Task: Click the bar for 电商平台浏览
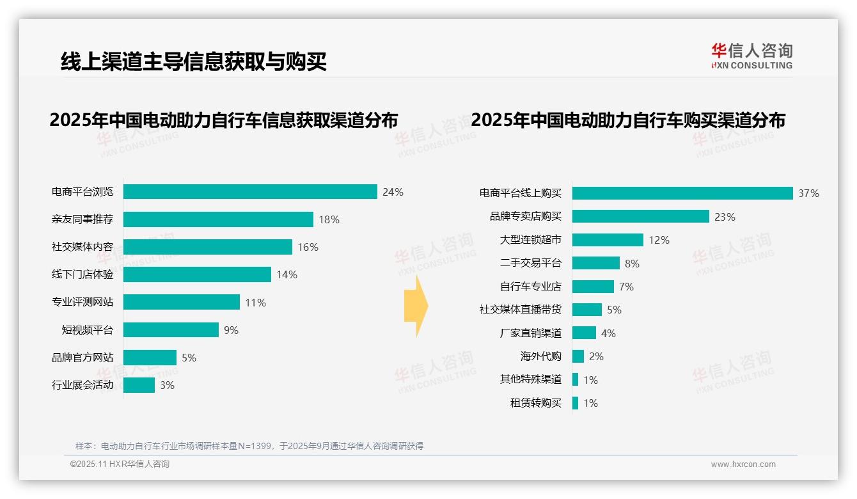(x=250, y=192)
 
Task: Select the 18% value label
(x=329, y=219)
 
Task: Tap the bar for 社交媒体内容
(x=208, y=247)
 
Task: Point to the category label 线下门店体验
(x=83, y=274)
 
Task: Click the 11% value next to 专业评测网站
(x=255, y=303)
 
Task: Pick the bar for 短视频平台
(x=171, y=329)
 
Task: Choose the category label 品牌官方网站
(x=83, y=357)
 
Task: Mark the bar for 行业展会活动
(x=139, y=384)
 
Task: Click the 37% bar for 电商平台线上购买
(x=682, y=193)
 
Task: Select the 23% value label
(x=725, y=217)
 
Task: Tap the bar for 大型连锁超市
(x=608, y=240)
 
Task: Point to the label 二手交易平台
(x=531, y=263)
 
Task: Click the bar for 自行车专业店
(x=593, y=287)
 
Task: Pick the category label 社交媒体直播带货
(x=521, y=310)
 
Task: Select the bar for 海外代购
(x=578, y=356)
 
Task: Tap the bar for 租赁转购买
(x=576, y=403)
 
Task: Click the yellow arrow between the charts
(x=416, y=306)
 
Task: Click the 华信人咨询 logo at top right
(x=751, y=56)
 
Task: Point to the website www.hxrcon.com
(x=743, y=464)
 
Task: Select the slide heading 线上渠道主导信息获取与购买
(x=194, y=61)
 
